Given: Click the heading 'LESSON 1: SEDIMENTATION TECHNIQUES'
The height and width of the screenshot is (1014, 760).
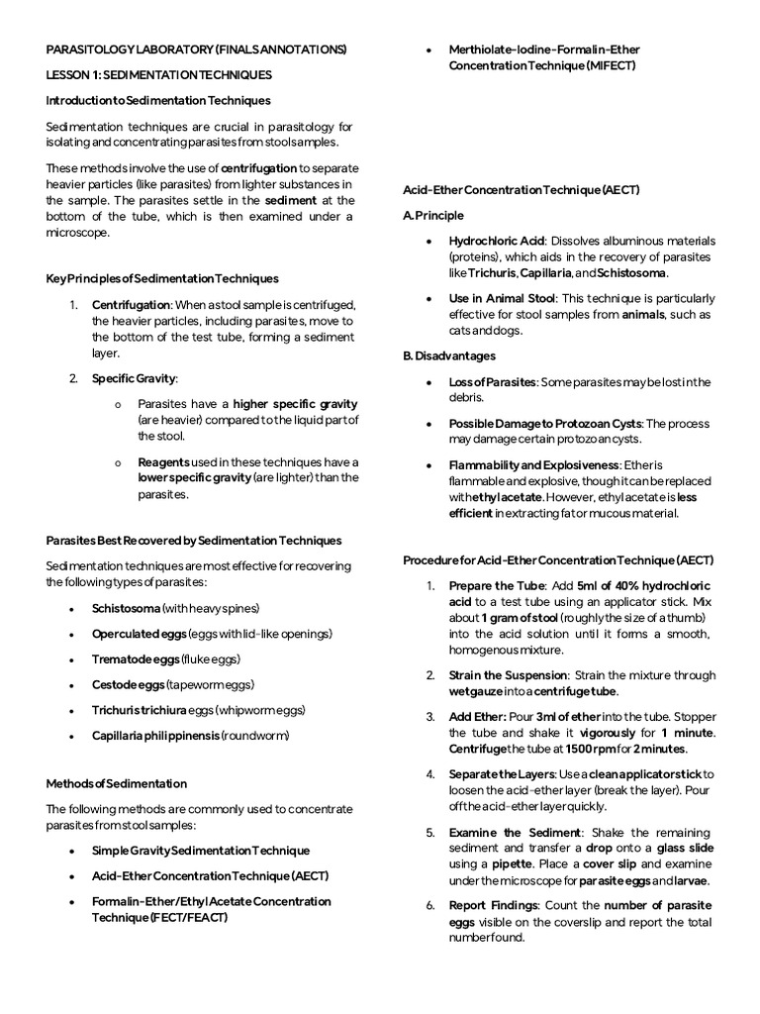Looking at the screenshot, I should point(159,74).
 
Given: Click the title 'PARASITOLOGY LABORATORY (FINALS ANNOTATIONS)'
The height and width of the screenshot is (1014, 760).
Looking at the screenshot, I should point(197,49).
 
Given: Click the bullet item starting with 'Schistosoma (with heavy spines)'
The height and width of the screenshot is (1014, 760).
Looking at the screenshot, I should point(176,608).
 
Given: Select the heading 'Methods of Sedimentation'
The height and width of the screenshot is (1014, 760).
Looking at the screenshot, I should point(117,783).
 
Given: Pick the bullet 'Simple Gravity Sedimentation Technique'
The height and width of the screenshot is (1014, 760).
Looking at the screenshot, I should point(201,851).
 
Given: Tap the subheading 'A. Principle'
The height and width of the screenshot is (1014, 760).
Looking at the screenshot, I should point(433,215).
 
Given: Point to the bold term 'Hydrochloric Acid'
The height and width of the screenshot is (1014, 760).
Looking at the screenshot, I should point(497,241).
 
